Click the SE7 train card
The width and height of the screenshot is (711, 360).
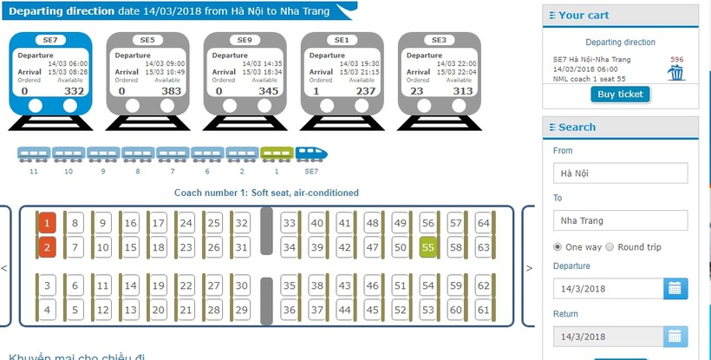click(x=49, y=73)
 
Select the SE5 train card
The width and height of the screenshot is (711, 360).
click(x=147, y=73)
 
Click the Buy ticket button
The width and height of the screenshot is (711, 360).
click(x=621, y=94)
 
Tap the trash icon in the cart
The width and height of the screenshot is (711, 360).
click(x=675, y=73)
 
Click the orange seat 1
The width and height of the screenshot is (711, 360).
click(x=47, y=224)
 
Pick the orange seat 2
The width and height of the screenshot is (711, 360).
click(x=47, y=248)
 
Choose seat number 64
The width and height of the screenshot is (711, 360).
click(x=483, y=224)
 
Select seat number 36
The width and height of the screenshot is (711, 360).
click(x=290, y=310)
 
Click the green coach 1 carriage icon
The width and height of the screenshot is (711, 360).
click(x=277, y=154)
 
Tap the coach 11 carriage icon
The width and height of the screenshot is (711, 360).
click(x=34, y=154)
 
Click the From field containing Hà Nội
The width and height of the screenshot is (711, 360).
click(x=620, y=173)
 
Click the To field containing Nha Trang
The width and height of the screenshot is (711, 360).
click(x=620, y=220)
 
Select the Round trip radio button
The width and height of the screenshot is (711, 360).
click(x=610, y=247)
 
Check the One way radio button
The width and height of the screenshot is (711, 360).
click(x=558, y=247)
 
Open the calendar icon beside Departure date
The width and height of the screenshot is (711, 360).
click(x=675, y=289)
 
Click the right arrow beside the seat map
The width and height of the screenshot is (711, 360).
click(x=529, y=268)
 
